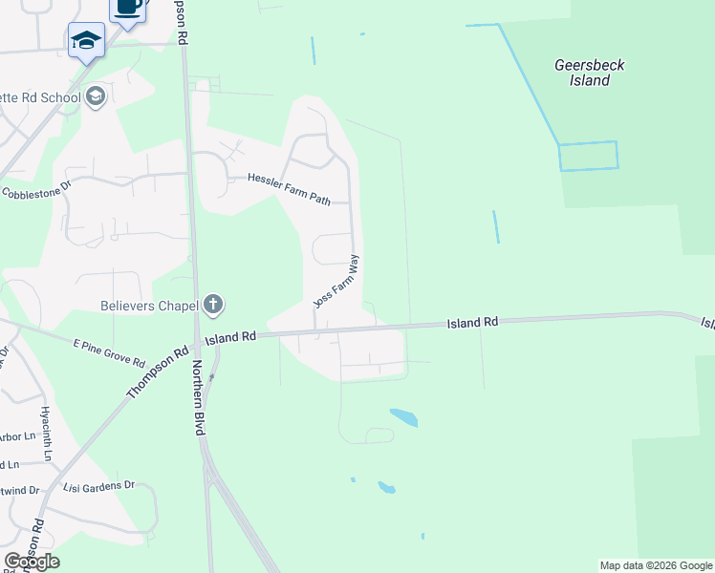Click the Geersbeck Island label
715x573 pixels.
(590, 73)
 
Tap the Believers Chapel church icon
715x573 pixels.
(212, 306)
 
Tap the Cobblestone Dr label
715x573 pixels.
(37, 191)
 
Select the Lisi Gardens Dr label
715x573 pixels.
(99, 486)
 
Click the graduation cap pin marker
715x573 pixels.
(86, 42)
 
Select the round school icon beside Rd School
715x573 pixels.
(96, 95)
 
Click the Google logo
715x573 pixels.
(32, 562)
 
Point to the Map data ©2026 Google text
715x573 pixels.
(656, 565)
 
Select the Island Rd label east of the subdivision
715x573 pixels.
(473, 324)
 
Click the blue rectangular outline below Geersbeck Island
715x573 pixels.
(588, 156)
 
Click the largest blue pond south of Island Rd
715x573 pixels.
(403, 417)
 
